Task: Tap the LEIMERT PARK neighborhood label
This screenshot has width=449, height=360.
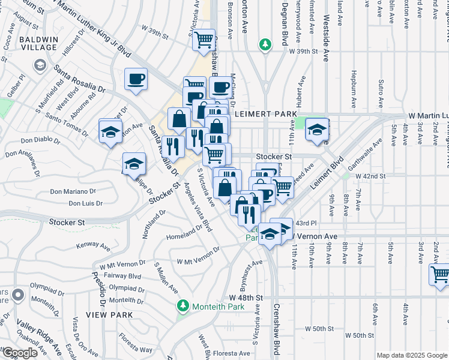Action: click(x=265, y=113)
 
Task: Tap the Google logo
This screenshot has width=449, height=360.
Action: click(x=19, y=353)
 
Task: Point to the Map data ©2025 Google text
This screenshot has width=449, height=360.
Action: click(x=412, y=355)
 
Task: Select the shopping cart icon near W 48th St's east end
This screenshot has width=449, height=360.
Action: click(x=440, y=274)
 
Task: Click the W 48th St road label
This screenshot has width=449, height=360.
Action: click(x=246, y=298)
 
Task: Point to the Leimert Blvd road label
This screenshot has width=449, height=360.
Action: click(x=328, y=174)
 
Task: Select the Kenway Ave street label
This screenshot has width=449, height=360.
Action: click(x=94, y=245)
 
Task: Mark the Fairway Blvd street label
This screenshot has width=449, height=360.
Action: click(x=122, y=276)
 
